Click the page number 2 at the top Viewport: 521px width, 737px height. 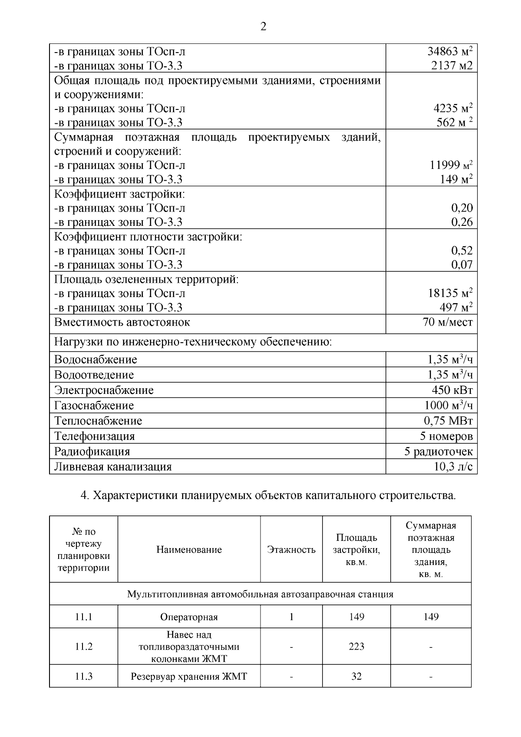pos(263,27)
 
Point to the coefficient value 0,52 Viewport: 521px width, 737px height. pos(462,251)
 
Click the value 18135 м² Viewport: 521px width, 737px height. pos(450,293)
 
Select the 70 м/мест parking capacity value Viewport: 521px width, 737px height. pos(447,322)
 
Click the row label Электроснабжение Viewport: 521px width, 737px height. pos(104,390)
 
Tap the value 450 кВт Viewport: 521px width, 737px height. pos(452,390)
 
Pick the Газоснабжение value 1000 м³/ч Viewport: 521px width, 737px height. pos(448,405)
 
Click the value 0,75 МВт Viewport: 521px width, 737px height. pos(448,421)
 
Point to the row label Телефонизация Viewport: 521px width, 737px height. pos(94,436)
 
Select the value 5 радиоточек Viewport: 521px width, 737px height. pos(439,451)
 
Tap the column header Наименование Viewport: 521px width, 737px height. pos(189,550)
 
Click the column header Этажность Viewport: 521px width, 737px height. pos(291,550)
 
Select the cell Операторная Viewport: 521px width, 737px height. pos(189,617)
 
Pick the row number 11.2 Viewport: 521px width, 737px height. pos(83,647)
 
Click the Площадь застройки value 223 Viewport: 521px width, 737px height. pos(356,647)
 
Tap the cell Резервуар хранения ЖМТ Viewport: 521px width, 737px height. pos(189,677)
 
